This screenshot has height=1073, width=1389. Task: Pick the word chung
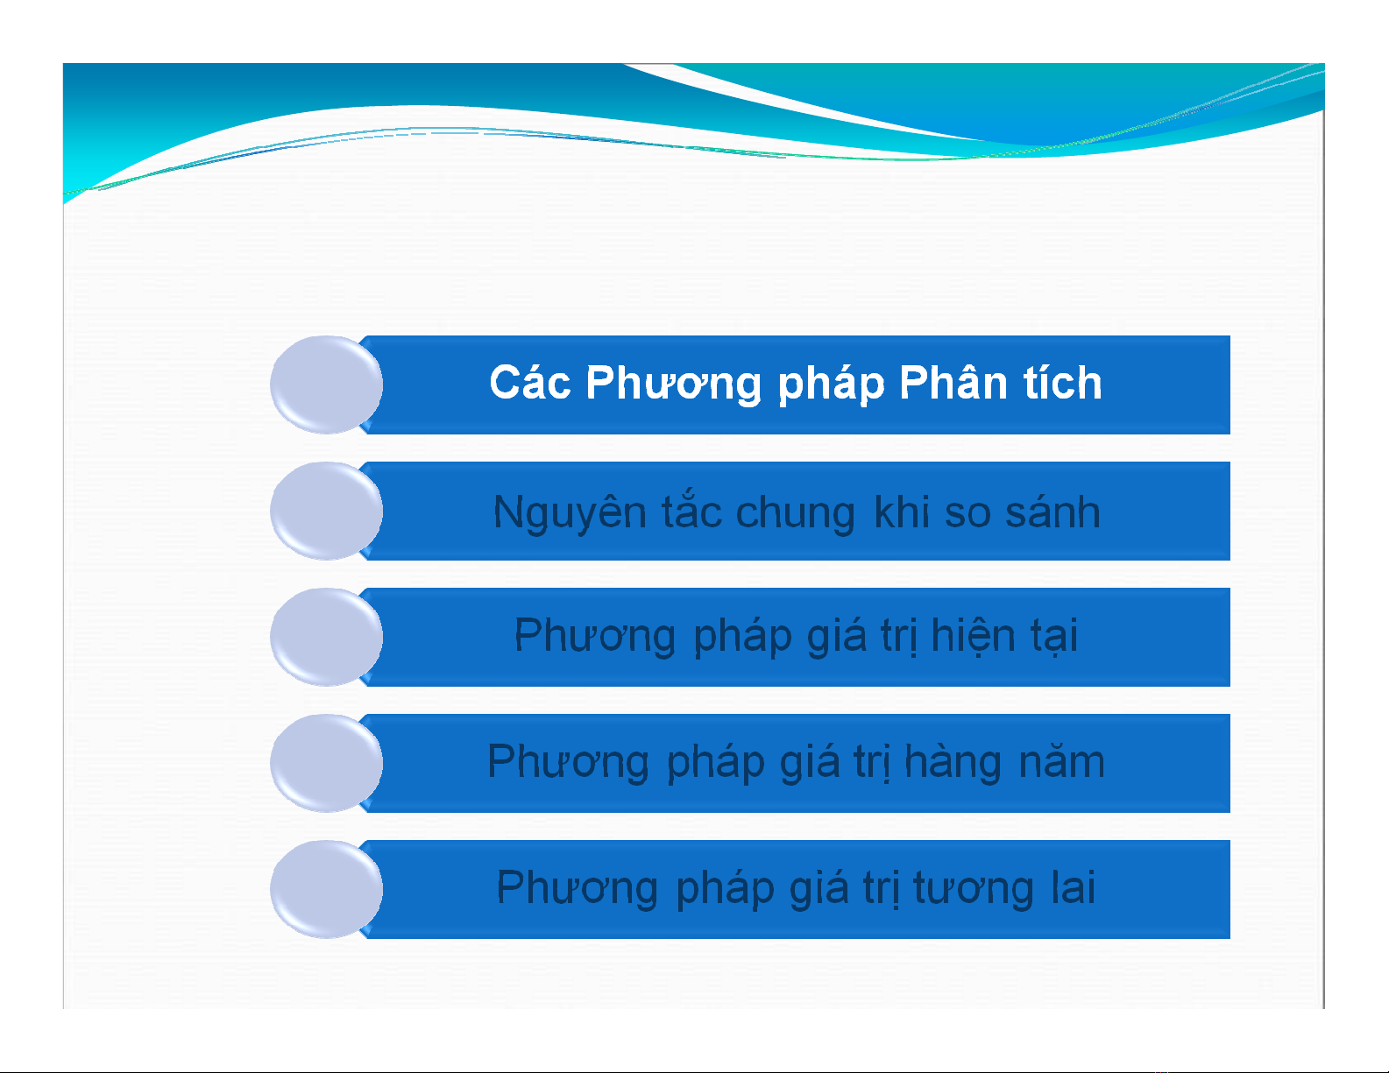[x=795, y=513]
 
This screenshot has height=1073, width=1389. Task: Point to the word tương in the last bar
[x=974, y=888]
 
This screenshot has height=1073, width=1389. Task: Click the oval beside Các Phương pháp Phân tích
[x=326, y=385]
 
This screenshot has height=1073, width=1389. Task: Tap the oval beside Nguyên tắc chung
[x=326, y=511]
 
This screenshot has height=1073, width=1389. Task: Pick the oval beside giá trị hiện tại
[x=326, y=637]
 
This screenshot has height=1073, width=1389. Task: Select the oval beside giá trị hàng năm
[x=326, y=763]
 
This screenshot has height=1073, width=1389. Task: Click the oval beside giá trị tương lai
[x=326, y=889]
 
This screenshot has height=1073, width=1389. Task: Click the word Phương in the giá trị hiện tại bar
[x=595, y=636]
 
